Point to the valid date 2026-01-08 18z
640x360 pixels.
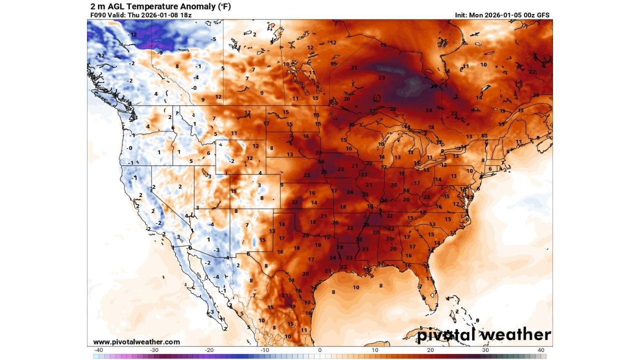(x=169, y=15)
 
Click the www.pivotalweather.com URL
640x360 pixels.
(x=136, y=342)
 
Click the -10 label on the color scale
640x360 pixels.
(x=264, y=350)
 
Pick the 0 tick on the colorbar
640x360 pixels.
(x=320, y=350)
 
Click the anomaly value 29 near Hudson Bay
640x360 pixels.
(x=434, y=86)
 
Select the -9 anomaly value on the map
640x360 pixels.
(x=160, y=52)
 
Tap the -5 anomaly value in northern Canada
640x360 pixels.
(x=213, y=39)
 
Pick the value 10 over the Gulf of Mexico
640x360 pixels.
(x=356, y=287)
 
